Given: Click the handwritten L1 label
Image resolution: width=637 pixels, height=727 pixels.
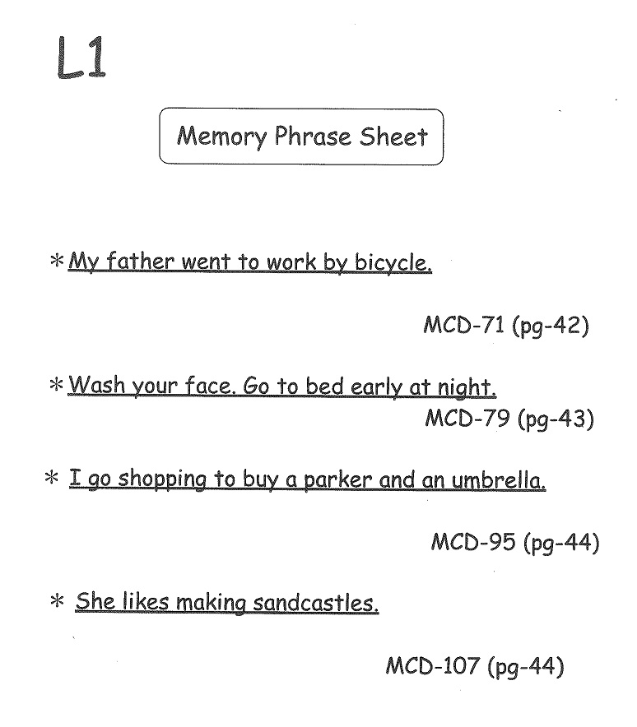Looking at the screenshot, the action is [x=81, y=58].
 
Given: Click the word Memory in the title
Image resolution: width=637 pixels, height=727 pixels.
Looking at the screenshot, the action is [x=221, y=137].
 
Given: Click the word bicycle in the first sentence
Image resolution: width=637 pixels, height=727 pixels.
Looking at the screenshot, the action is [x=393, y=263].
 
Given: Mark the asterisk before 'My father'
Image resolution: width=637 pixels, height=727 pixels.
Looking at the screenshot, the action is [x=57, y=260].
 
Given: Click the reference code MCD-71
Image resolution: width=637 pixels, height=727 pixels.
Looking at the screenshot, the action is [x=463, y=325].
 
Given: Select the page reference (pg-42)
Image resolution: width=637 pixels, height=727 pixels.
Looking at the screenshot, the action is [x=551, y=326].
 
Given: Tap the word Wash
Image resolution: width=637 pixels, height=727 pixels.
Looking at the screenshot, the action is [x=97, y=385].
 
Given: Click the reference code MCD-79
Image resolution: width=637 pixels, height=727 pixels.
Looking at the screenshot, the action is [x=467, y=419].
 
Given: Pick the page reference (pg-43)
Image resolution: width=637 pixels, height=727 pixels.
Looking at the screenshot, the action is [x=556, y=419].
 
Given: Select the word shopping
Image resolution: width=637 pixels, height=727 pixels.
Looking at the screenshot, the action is [x=162, y=480].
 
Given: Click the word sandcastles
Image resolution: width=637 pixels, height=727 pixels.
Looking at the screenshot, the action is [x=316, y=603].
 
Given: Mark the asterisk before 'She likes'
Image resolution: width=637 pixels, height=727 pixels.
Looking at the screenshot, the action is [x=57, y=601].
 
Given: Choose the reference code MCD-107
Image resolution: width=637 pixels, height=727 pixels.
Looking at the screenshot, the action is [x=432, y=666].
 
